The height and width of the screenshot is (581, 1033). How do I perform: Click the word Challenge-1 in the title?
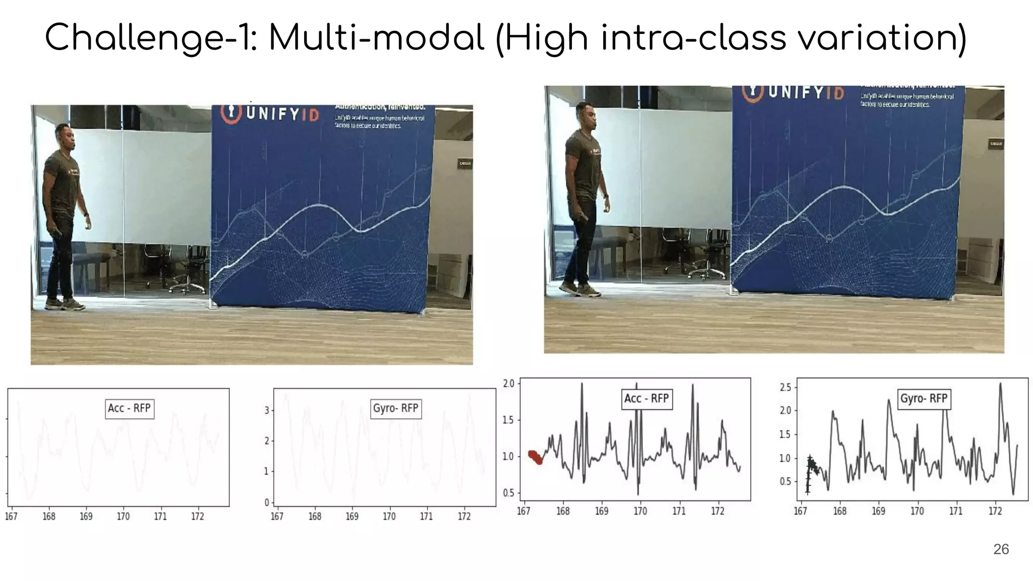pyautogui.click(x=146, y=38)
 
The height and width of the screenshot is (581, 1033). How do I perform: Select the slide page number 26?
pyautogui.click(x=1001, y=549)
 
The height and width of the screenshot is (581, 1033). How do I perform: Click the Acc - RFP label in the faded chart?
pyautogui.click(x=129, y=408)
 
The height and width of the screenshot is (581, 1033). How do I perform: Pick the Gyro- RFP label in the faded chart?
pyautogui.click(x=395, y=408)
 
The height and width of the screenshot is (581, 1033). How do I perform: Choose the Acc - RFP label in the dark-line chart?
pyautogui.click(x=646, y=398)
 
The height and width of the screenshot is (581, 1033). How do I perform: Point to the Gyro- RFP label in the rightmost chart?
pyautogui.click(x=924, y=398)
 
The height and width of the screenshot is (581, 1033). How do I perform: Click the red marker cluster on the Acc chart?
pyautogui.click(x=535, y=457)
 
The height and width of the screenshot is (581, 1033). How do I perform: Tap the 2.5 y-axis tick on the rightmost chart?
pyautogui.click(x=785, y=387)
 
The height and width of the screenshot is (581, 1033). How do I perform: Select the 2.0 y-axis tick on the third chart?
pyautogui.click(x=508, y=384)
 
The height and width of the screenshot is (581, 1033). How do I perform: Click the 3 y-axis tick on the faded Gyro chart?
pyautogui.click(x=266, y=411)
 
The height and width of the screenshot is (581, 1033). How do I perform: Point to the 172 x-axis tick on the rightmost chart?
pyautogui.click(x=995, y=511)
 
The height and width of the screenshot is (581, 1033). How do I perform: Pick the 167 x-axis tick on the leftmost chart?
pyautogui.click(x=11, y=516)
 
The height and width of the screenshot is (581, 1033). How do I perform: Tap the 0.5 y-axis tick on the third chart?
pyautogui.click(x=508, y=493)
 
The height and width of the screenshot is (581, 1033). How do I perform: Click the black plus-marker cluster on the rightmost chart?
pyautogui.click(x=810, y=469)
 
